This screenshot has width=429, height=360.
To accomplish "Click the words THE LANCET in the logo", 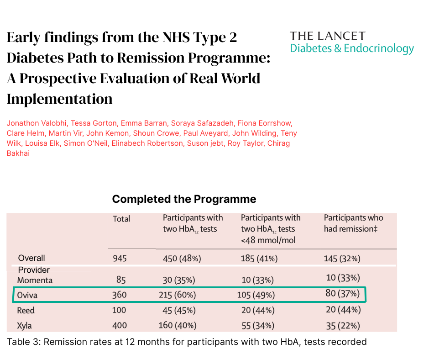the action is (x=328, y=36).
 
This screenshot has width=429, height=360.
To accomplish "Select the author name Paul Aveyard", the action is (x=205, y=133).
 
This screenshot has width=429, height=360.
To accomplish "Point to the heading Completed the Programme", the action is (x=184, y=199).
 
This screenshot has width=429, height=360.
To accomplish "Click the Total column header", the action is (x=121, y=219).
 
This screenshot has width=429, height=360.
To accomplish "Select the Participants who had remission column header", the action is (x=354, y=223).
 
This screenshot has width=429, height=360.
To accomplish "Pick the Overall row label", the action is (x=31, y=258).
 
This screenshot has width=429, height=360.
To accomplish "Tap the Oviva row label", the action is (x=27, y=295).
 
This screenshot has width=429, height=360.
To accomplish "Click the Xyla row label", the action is (x=24, y=326).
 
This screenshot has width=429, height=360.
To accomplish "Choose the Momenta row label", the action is (x=35, y=280).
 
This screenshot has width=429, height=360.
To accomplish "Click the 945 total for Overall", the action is (x=120, y=259).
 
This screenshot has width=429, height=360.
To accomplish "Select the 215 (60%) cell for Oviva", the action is (x=177, y=295).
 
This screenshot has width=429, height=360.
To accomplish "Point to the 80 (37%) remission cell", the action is (x=343, y=293).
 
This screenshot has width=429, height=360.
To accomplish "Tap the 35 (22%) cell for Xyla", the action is (x=343, y=326).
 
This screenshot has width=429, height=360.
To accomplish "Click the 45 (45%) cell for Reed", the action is (x=179, y=310).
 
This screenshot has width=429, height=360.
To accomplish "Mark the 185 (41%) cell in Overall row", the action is (x=259, y=259).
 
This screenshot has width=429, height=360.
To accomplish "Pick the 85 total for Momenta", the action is (x=121, y=280).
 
